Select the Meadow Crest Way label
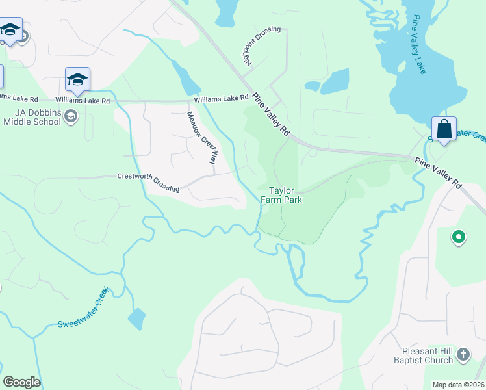pyautogui.click(x=201, y=137)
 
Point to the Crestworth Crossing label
pyautogui.click(x=148, y=182)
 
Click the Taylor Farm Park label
pyautogui.click(x=282, y=195)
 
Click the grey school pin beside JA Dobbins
pyautogui.click(x=71, y=117)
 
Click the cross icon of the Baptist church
pyautogui.click(x=463, y=355)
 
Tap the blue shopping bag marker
pyautogui.click(x=444, y=128)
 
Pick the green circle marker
pyautogui.click(x=459, y=237)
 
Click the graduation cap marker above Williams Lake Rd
pyautogui.click(x=77, y=80)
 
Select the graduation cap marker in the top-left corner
pyautogui.click(x=10, y=30)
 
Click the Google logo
pyautogui.click(x=21, y=382)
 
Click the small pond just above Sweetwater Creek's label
pyautogui.click(x=136, y=318)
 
